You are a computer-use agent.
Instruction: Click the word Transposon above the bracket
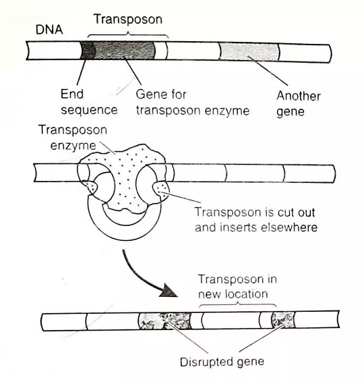[127, 19]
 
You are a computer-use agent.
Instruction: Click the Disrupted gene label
[221, 361]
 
